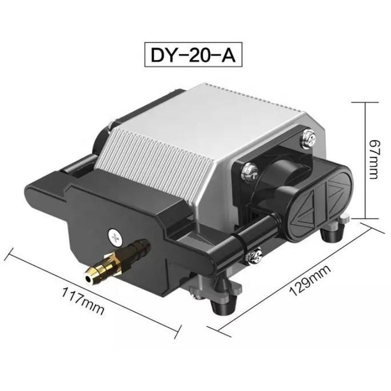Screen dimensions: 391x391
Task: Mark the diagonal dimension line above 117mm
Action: [x=91, y=286]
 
